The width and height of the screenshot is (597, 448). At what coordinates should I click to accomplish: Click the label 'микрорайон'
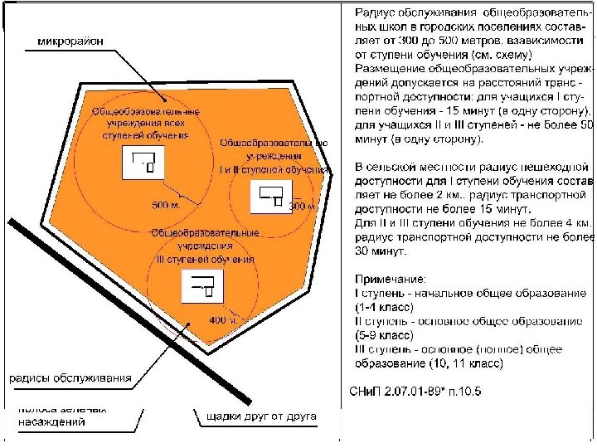pyautogui.click(x=70, y=42)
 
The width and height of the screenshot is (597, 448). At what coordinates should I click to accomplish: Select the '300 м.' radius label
pyautogui.click(x=303, y=206)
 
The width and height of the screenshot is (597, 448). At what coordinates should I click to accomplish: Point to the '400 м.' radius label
pyautogui.click(x=222, y=319)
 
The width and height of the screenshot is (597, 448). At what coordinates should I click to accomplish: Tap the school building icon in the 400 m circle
pyautogui.click(x=204, y=287)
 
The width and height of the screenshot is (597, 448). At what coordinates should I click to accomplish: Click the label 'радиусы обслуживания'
pyautogui.click(x=70, y=378)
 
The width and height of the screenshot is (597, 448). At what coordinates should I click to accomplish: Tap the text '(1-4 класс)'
pyautogui.click(x=389, y=307)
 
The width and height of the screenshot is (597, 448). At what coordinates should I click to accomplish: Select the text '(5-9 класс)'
pyautogui.click(x=389, y=335)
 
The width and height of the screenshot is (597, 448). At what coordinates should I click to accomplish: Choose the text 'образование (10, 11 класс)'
pyautogui.click(x=430, y=363)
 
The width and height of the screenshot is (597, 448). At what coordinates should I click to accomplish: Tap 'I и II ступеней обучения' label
pyautogui.click(x=274, y=169)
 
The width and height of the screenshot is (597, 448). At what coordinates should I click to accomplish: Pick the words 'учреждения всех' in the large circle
pyautogui.click(x=145, y=123)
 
